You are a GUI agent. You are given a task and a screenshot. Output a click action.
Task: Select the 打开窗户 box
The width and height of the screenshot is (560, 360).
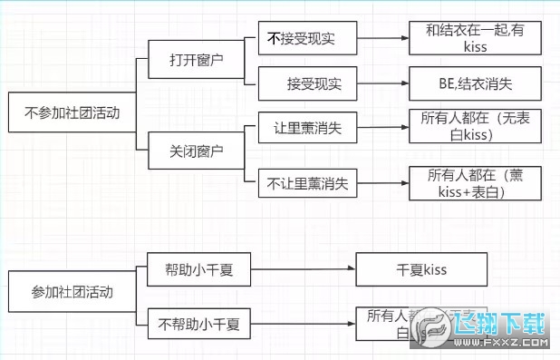point(196,61)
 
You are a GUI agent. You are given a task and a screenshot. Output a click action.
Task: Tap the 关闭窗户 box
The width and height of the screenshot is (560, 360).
point(196,149)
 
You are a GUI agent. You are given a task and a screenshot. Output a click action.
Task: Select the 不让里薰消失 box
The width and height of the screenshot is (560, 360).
point(306,183)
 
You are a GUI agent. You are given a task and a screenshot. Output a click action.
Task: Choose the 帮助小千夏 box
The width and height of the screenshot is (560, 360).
point(198,269)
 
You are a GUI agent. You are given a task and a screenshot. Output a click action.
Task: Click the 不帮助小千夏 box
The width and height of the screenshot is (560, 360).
point(198,322)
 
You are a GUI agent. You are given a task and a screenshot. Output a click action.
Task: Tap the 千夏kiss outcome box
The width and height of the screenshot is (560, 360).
point(422,270)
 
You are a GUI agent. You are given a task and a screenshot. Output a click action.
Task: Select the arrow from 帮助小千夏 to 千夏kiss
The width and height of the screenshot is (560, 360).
point(304,270)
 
